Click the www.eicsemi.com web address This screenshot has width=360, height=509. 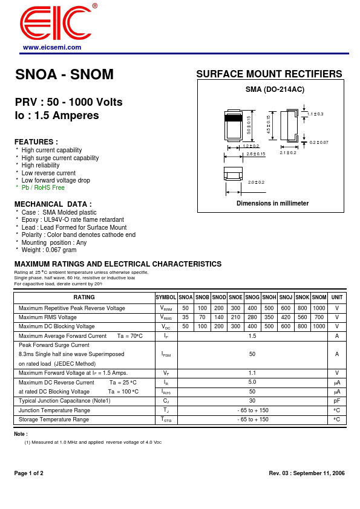coord(52,47)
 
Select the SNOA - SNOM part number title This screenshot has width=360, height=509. coord(64,75)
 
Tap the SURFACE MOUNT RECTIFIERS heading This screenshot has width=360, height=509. coord(269,74)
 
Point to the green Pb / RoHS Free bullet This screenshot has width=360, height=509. coord(43,187)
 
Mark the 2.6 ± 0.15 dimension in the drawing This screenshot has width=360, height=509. coord(255,154)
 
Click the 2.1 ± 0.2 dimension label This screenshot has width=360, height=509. coord(288,153)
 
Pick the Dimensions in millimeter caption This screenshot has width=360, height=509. coord(272,203)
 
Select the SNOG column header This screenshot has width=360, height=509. coord(252,297)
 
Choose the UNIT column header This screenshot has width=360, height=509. coord(337,297)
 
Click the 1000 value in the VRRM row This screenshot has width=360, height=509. coord(319,308)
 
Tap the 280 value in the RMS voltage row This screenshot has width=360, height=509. coord(252,317)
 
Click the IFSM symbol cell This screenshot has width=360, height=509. coord(166,354)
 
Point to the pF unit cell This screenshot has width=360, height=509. coord(337,401)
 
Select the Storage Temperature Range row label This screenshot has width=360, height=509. coord(54,420)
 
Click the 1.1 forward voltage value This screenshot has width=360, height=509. coord(252,373)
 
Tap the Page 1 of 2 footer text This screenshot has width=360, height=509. coord(28,473)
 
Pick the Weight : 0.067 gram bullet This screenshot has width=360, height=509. coord(49,250)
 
